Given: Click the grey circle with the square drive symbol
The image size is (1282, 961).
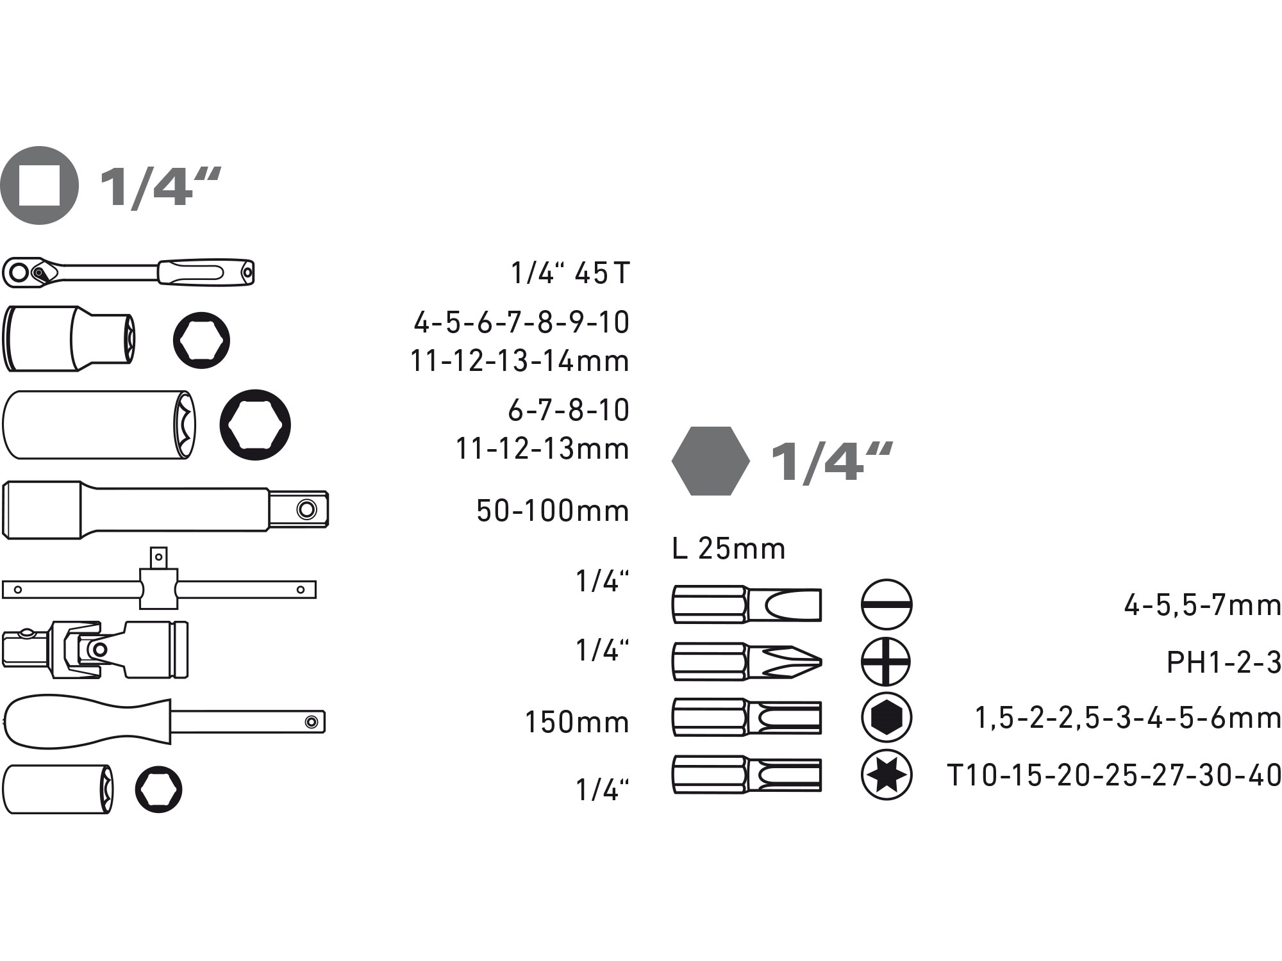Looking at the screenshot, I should (x=40, y=185).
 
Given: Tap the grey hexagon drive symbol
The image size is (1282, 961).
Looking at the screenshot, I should (x=710, y=461).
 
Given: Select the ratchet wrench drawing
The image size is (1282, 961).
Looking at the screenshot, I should (x=128, y=272).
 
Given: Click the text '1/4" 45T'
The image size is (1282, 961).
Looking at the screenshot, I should (x=570, y=274).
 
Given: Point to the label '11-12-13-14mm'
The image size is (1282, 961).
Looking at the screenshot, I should (x=520, y=361).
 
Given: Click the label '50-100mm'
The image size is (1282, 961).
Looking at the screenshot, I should (x=553, y=511).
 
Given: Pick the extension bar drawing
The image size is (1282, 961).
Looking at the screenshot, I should (x=165, y=509).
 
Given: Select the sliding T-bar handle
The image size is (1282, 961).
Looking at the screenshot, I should (x=159, y=586).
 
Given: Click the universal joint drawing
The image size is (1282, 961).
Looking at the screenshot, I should (x=95, y=649).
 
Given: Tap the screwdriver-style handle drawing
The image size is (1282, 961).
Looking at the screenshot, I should (x=163, y=721).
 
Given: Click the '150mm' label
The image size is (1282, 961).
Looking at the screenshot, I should (x=577, y=722).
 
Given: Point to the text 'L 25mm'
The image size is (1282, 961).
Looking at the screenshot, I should (x=729, y=549).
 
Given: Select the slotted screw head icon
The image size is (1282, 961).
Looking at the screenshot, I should (x=886, y=605).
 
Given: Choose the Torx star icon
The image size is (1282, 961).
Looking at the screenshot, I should (x=886, y=775).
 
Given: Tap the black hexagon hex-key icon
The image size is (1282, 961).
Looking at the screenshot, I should (x=886, y=718).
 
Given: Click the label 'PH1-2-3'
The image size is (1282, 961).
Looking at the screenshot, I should (x=1223, y=662).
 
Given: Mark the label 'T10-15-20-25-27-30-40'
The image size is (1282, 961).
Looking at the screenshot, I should (x=1114, y=775).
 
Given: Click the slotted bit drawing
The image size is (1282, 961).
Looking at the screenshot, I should (x=747, y=604).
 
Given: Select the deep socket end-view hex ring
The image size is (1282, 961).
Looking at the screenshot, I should (x=255, y=424).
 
